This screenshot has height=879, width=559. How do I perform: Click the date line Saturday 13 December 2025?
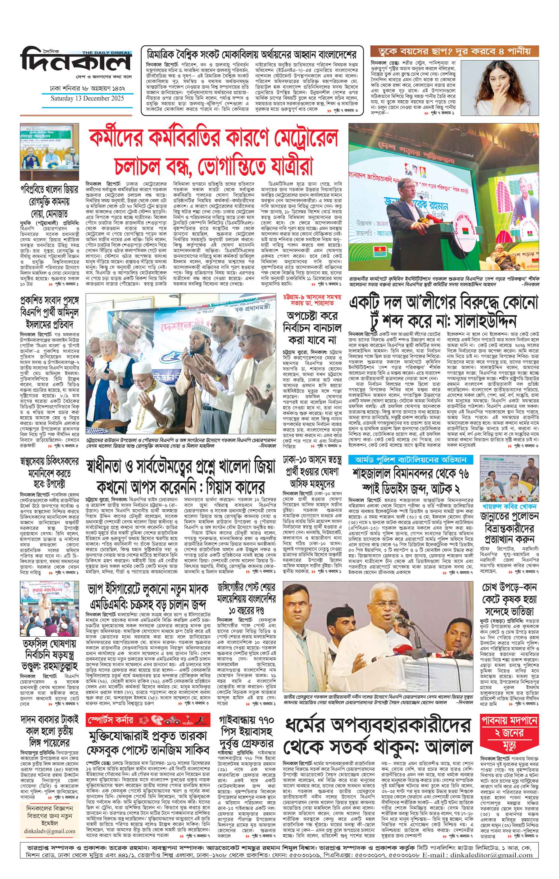point(87,98)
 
